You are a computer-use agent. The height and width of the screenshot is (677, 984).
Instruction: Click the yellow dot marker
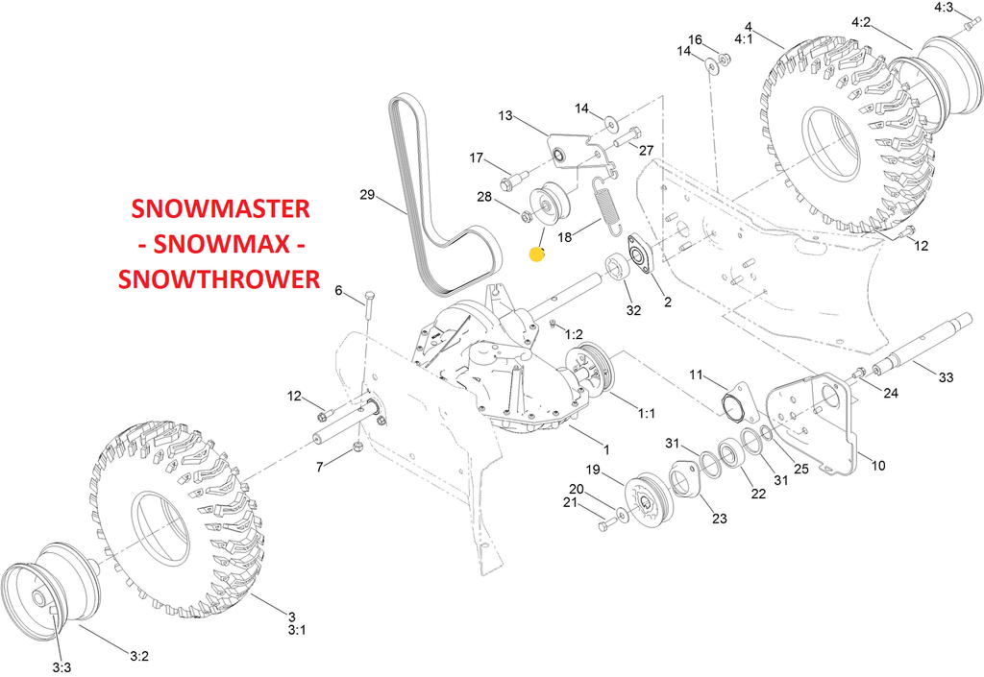coord(537,254)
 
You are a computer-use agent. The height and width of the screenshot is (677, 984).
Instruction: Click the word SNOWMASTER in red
coord(220,209)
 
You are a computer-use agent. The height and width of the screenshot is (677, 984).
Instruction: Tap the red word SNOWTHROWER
coord(218,278)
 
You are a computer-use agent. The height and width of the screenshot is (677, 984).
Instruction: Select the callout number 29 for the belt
coord(367,195)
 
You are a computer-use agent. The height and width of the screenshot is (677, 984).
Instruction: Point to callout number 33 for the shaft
coord(947,378)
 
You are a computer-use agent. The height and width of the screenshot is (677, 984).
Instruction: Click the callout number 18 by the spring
coord(564,236)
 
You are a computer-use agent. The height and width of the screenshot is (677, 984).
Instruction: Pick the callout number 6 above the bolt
coord(338,290)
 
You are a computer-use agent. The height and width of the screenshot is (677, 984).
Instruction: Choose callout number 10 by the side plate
coord(877,466)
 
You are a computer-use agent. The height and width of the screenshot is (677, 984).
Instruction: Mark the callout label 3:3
coord(61,666)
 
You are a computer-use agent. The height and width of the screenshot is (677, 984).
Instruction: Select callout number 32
coord(633,309)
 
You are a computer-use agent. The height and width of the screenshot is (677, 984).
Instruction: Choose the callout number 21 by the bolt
coord(569,503)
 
